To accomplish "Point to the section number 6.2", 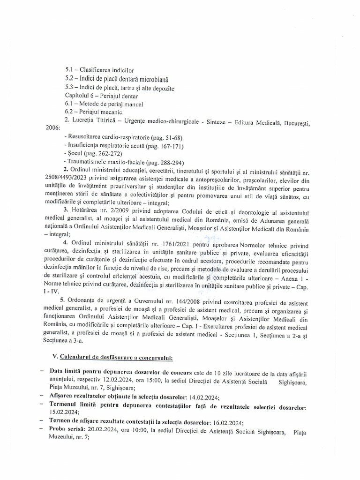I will tap(71, 112).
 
